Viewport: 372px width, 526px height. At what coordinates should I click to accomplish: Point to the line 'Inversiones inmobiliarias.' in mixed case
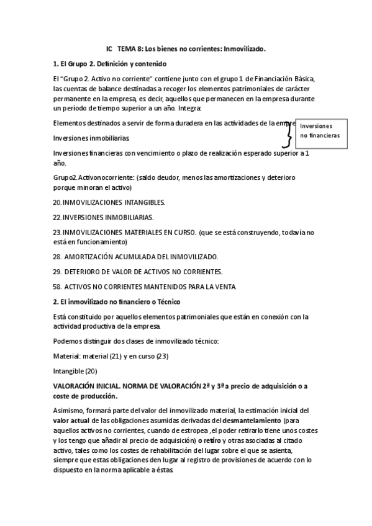(x=92, y=137)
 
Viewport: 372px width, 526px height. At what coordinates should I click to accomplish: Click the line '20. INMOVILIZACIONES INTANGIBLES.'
(x=109, y=202)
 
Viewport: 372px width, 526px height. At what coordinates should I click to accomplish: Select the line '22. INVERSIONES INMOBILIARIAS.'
(x=103, y=217)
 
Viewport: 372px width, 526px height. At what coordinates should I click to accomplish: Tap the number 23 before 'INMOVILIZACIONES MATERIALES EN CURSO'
(x=57, y=233)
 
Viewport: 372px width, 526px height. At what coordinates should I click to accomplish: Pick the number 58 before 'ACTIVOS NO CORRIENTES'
(x=57, y=286)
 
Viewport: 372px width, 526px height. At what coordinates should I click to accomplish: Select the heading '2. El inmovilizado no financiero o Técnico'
(x=117, y=301)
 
